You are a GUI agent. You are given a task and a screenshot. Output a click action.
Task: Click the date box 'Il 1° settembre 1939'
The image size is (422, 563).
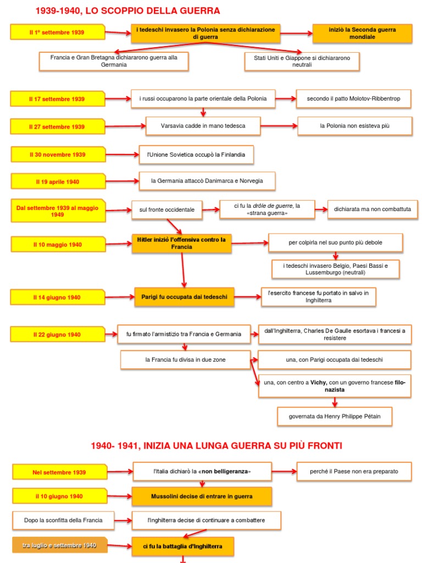57,32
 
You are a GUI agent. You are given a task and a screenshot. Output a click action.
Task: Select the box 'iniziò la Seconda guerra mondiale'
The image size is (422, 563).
362,33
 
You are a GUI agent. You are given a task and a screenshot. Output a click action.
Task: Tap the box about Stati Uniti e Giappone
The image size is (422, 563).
302,61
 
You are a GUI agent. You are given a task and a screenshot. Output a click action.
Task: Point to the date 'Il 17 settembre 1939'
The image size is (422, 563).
57,99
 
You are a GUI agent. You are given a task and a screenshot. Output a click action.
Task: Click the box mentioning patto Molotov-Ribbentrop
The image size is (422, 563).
353,99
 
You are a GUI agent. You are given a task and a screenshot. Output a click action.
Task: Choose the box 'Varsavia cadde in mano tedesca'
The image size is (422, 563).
203,126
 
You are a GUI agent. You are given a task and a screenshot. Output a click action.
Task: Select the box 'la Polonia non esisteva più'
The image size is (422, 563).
354,126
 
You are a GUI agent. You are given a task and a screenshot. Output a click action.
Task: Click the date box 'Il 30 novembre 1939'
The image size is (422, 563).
58,154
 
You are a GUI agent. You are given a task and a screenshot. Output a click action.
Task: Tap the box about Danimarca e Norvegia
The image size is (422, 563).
207,181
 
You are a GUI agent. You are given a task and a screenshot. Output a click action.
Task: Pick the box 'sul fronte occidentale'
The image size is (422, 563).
167,209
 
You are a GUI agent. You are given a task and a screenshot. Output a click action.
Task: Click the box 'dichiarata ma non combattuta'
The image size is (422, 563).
373,209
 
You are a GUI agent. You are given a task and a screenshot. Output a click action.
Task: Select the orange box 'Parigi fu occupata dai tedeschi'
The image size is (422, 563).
184,297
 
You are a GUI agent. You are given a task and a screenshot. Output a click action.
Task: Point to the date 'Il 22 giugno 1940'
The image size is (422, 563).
57,334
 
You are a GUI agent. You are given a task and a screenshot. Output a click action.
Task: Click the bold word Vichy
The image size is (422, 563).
319,382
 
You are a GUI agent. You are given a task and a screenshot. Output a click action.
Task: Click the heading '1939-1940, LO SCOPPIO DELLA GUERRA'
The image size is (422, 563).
127,10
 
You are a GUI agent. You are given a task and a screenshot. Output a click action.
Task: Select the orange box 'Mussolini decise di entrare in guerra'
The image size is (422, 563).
202,496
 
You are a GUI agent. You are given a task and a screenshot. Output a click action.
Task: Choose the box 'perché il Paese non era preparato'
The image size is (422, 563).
353,471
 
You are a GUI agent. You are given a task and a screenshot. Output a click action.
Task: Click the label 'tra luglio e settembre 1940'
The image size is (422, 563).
59,545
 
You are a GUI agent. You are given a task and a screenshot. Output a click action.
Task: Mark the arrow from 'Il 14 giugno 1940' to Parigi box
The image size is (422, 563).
120,297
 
